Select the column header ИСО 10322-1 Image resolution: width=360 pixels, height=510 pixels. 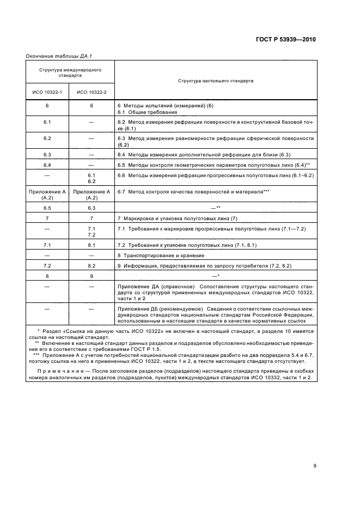47,92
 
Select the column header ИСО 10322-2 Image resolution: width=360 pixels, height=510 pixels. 91,92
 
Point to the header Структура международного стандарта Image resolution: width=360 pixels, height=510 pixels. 69,73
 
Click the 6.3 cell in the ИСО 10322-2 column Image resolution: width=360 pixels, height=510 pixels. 91,208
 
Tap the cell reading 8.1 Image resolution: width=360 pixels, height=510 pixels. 91,246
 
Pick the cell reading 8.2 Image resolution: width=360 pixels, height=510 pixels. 91,265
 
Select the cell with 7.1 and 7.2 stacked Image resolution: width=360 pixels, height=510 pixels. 91,232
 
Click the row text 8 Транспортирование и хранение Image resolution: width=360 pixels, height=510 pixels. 161,256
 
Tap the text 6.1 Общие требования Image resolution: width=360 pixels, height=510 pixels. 144,111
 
